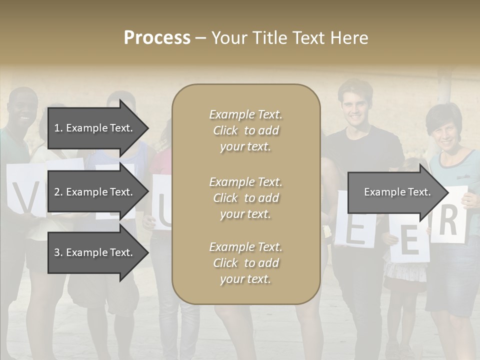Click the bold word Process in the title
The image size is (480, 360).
coord(157,38)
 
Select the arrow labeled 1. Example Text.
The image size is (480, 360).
coord(95,128)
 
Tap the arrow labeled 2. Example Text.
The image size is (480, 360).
coord(95,192)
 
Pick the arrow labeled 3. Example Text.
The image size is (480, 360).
coord(95,252)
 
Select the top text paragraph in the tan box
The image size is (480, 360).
coord(245,130)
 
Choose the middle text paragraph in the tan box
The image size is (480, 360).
coord(245,198)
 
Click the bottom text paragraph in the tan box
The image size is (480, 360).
coord(245,263)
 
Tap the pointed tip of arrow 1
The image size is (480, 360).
coord(147,128)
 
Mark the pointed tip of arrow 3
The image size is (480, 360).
coord(147,252)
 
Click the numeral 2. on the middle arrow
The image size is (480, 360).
coord(58,192)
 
